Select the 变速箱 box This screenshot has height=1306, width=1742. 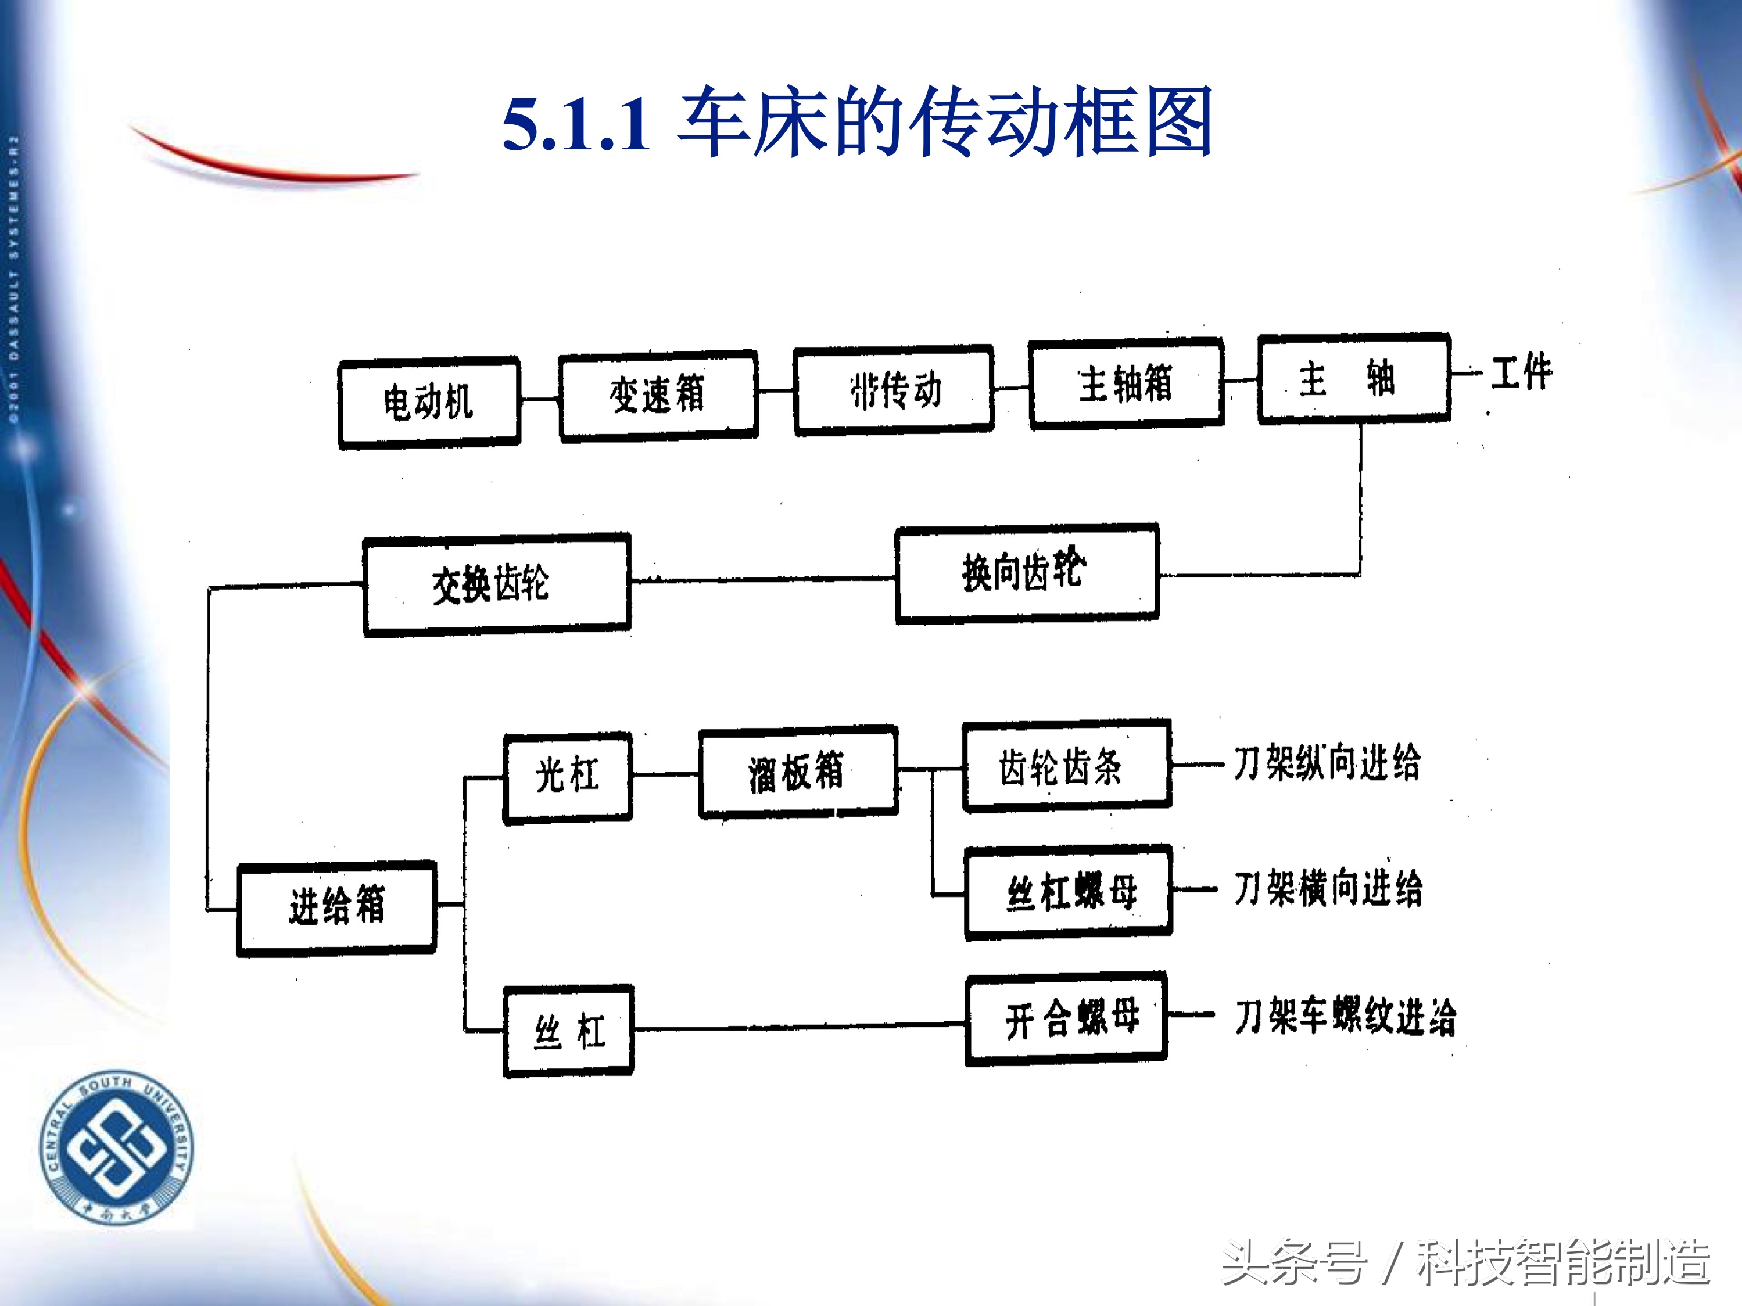658,394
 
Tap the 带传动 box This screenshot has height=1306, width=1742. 894,390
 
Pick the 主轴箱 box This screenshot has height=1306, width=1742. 1126,383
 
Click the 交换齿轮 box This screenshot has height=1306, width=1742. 496,584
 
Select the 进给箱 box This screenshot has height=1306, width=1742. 337,907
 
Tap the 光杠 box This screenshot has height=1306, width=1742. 568,776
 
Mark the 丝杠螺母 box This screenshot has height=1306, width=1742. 1069,892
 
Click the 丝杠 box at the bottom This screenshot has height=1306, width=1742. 569,1031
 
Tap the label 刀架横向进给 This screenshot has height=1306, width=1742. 1328,889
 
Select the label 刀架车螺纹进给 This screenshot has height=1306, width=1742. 1345,1016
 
